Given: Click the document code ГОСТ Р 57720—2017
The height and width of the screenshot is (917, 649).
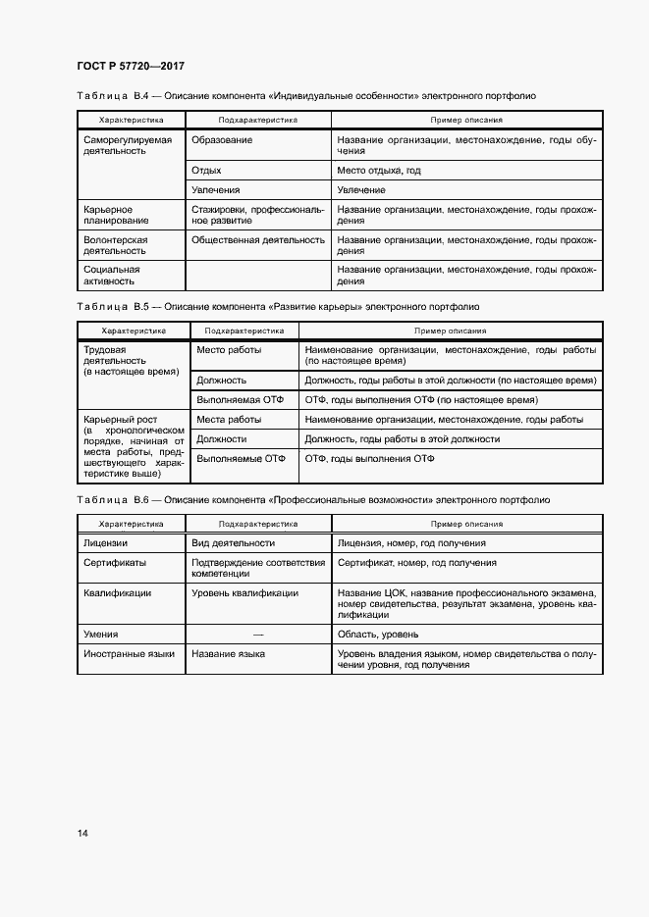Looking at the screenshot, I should tap(130, 66).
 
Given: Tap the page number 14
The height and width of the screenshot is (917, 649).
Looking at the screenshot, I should tap(82, 833).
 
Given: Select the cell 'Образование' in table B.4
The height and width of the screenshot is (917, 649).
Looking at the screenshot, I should tap(222, 140).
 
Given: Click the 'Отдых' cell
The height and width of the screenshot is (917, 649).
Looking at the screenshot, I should tap(206, 171).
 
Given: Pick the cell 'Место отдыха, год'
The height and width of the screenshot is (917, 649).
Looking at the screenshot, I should tap(379, 171).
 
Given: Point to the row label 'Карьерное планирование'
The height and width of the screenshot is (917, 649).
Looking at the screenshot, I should tap(109, 216).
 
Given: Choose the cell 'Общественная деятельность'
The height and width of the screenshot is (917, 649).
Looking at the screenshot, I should tap(258, 239).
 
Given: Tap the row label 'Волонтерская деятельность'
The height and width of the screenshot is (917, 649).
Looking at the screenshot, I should tap(116, 245).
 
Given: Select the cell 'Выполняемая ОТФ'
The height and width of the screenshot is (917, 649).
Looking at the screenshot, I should tap(241, 400).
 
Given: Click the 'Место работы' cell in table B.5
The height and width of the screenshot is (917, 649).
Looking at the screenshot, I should tap(229, 350).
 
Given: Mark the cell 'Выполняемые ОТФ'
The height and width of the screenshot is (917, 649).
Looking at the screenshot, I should tap(242, 458).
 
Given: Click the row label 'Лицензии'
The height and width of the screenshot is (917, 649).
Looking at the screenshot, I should tap(106, 542).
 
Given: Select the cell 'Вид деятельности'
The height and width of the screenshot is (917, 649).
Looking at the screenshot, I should tap(234, 542).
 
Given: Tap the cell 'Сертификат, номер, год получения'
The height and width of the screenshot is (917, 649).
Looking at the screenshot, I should tap(417, 563).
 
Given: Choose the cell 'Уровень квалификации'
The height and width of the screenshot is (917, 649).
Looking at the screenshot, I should tap(239, 593).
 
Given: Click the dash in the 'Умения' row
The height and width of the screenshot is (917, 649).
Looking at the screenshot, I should tap(258, 636).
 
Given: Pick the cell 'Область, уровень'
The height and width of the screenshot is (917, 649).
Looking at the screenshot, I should tap(379, 636).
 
